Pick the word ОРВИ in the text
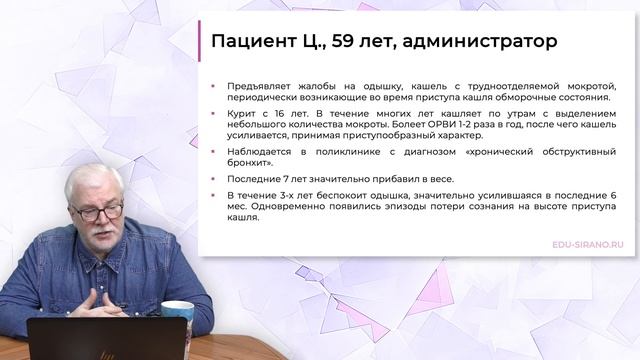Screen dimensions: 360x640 pos(483,125)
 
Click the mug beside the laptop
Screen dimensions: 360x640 pos(177,319)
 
